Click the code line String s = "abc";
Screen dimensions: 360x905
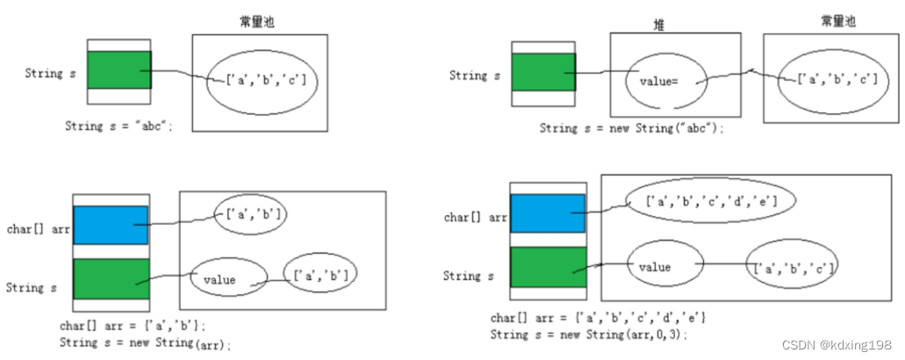119,126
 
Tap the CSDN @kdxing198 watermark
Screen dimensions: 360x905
837,344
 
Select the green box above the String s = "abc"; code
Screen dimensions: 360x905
119,71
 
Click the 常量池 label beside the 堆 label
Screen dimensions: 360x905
837,22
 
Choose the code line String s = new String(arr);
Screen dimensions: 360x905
146,342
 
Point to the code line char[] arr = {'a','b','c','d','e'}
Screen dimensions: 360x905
598,317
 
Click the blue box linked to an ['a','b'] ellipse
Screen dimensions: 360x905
111,225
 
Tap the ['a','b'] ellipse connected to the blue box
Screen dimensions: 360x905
252,213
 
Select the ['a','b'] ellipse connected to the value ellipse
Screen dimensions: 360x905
320,275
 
